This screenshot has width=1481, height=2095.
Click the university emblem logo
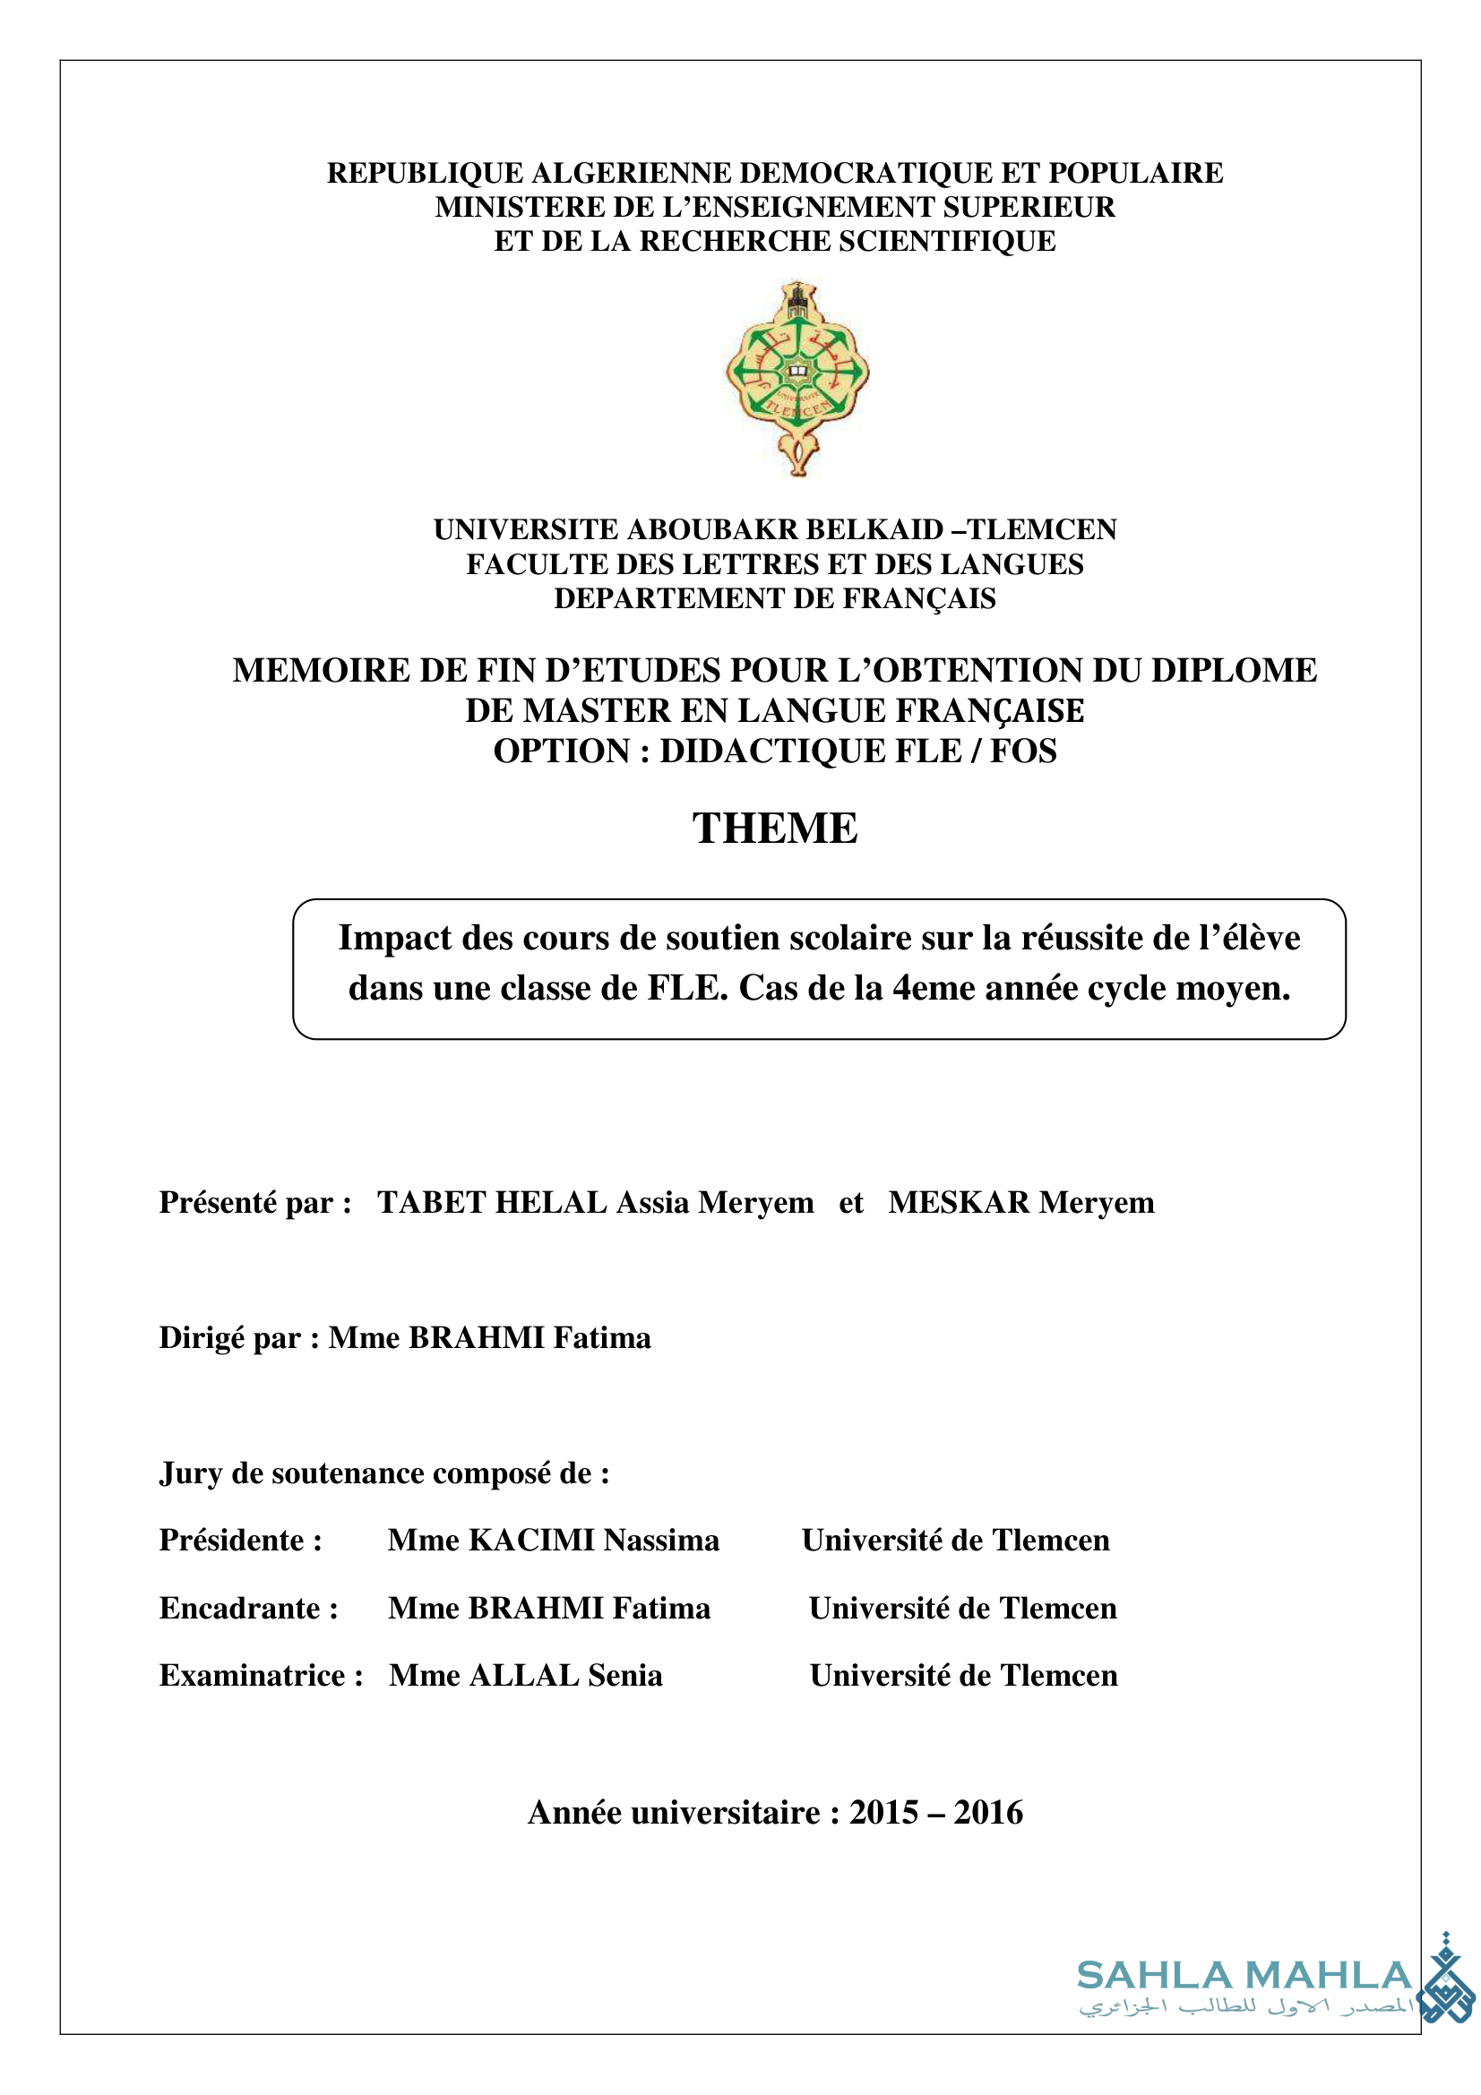coord(796,378)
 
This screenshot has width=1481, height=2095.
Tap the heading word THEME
coord(775,829)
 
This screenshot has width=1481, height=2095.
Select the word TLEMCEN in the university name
coord(1041,529)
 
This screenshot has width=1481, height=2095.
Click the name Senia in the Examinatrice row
coord(625,1675)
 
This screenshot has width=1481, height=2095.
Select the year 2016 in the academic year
coord(988,1812)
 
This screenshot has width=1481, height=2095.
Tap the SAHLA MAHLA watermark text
coord(1244,1977)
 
